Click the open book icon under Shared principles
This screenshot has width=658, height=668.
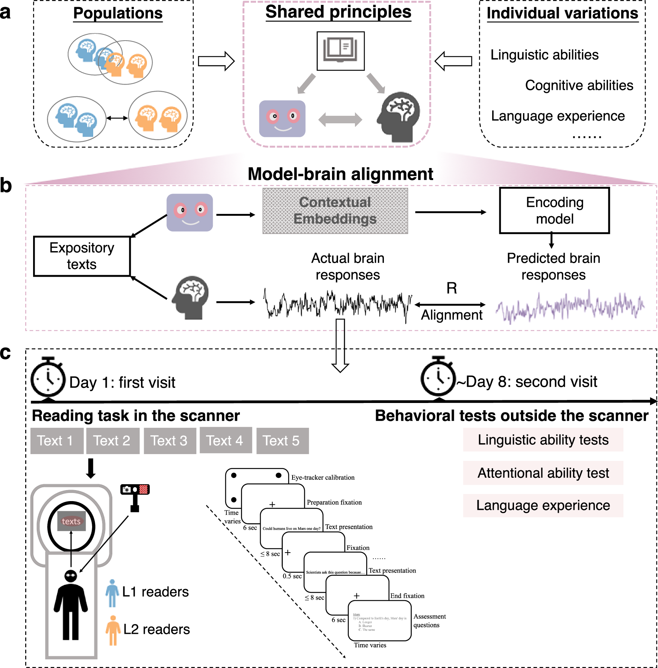point(341,51)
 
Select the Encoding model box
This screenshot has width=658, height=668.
point(554,211)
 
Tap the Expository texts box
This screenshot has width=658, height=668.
point(82,256)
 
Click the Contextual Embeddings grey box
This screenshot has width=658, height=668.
point(335,211)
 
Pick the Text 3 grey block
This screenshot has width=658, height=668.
point(170,441)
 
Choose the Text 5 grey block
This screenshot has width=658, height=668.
point(282,441)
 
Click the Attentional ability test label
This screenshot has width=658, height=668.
point(543,473)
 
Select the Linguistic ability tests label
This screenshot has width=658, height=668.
point(543,440)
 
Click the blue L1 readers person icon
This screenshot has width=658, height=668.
point(112,593)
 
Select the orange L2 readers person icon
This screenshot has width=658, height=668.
point(112,630)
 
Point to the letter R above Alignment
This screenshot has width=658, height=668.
point(452,288)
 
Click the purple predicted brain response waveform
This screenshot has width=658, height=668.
point(570,306)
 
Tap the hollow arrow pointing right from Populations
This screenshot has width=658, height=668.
point(216,61)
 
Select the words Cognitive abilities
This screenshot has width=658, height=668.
point(579,85)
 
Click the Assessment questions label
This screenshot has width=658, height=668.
point(429,621)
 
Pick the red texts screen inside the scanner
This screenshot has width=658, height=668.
point(71,521)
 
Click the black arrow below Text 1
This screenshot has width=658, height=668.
point(91,468)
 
